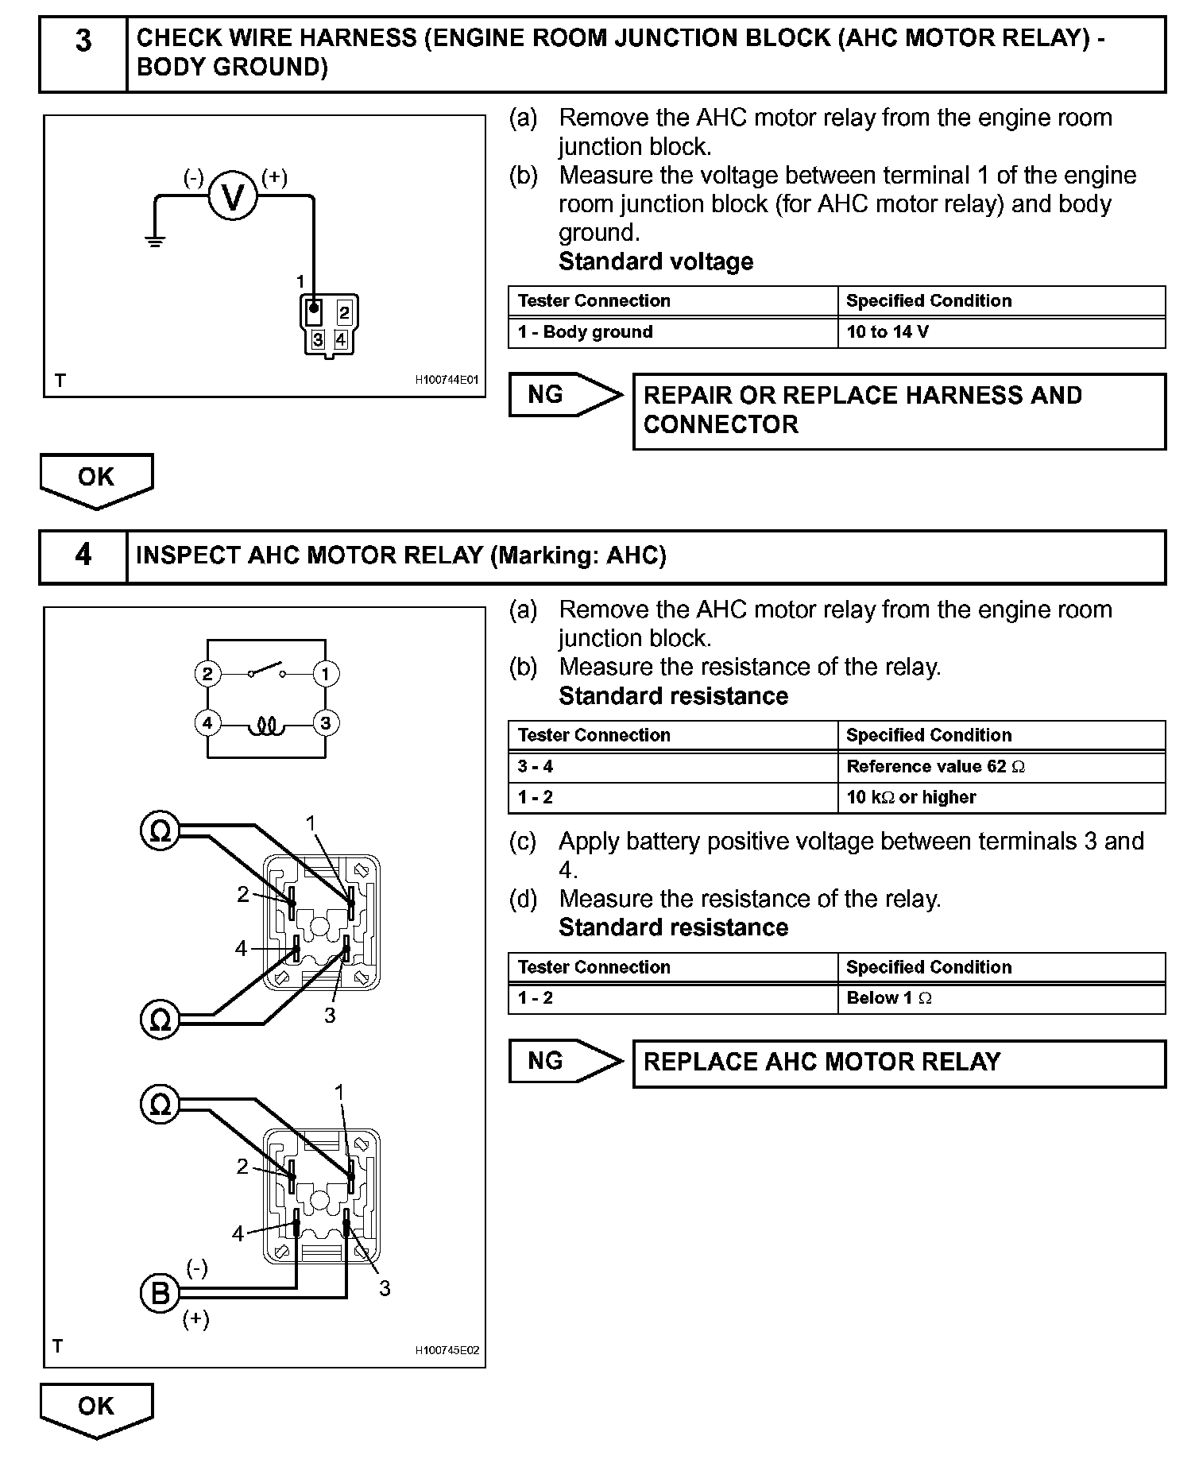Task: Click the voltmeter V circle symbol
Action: tap(233, 196)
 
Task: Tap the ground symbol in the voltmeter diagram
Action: tap(155, 241)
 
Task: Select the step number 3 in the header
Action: tap(83, 41)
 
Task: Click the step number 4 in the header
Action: tap(83, 555)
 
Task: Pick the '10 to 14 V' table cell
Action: tap(1001, 332)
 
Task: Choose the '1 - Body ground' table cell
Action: tap(672, 332)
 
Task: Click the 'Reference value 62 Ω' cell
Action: tap(1001, 767)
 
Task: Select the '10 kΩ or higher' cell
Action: tap(1001, 797)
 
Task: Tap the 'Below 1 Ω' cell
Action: tap(1001, 998)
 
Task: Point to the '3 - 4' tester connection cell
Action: tap(672, 767)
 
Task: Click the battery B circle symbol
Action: tap(160, 1294)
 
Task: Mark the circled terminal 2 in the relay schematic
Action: tap(207, 674)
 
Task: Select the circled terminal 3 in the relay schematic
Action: tap(325, 723)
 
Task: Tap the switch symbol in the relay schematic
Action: tap(267, 670)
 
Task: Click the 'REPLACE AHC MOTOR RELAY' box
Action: tap(899, 1063)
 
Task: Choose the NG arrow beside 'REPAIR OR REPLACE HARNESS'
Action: tap(565, 394)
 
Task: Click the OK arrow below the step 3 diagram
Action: tap(96, 480)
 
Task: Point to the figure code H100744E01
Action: tap(447, 380)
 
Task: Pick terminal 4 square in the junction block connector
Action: tap(341, 339)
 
